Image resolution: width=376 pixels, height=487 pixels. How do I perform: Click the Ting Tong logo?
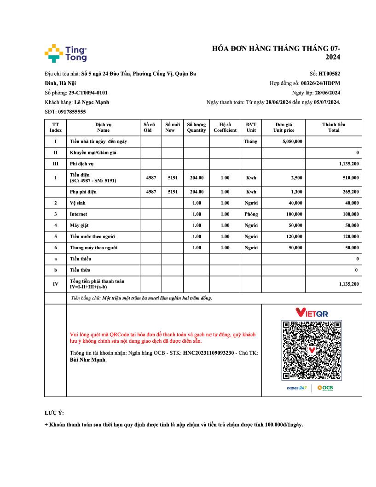coord(65,53)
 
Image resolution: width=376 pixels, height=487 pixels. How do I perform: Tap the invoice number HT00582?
coord(330,73)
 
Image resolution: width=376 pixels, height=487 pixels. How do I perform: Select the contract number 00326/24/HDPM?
coord(321,83)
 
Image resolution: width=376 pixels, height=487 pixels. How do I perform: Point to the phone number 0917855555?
coord(72,112)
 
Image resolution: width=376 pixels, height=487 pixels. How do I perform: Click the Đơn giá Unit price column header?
coord(283,127)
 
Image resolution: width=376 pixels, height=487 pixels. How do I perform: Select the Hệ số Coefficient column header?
coord(225,127)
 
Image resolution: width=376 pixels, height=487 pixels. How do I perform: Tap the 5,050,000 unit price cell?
coord(292,141)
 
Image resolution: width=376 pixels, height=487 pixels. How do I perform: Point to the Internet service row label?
coord(78,214)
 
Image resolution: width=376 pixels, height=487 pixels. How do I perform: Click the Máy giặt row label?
coord(79,225)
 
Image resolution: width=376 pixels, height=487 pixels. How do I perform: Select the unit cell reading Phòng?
coord(251,214)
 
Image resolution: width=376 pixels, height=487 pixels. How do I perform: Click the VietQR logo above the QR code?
coord(312,313)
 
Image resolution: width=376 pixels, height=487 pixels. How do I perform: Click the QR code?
coord(312,351)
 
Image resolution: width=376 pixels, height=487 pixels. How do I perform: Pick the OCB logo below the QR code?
coord(325,388)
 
